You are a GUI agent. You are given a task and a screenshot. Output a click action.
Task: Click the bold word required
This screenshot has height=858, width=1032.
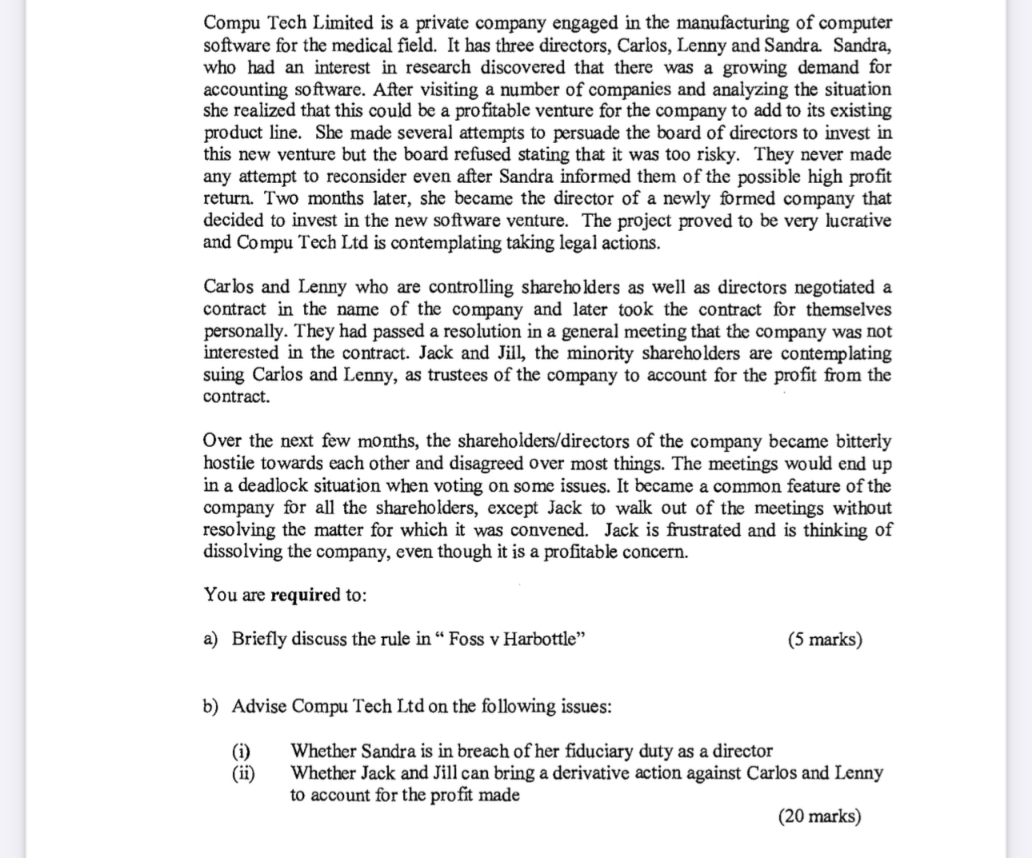pyautogui.click(x=306, y=595)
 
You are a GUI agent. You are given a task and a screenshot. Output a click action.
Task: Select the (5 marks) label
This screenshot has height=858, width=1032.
pyautogui.click(x=825, y=640)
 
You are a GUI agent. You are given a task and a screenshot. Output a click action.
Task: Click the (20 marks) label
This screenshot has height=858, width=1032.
pyautogui.click(x=819, y=816)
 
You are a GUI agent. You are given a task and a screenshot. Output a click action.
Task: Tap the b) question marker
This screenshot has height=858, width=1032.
pyautogui.click(x=210, y=707)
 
